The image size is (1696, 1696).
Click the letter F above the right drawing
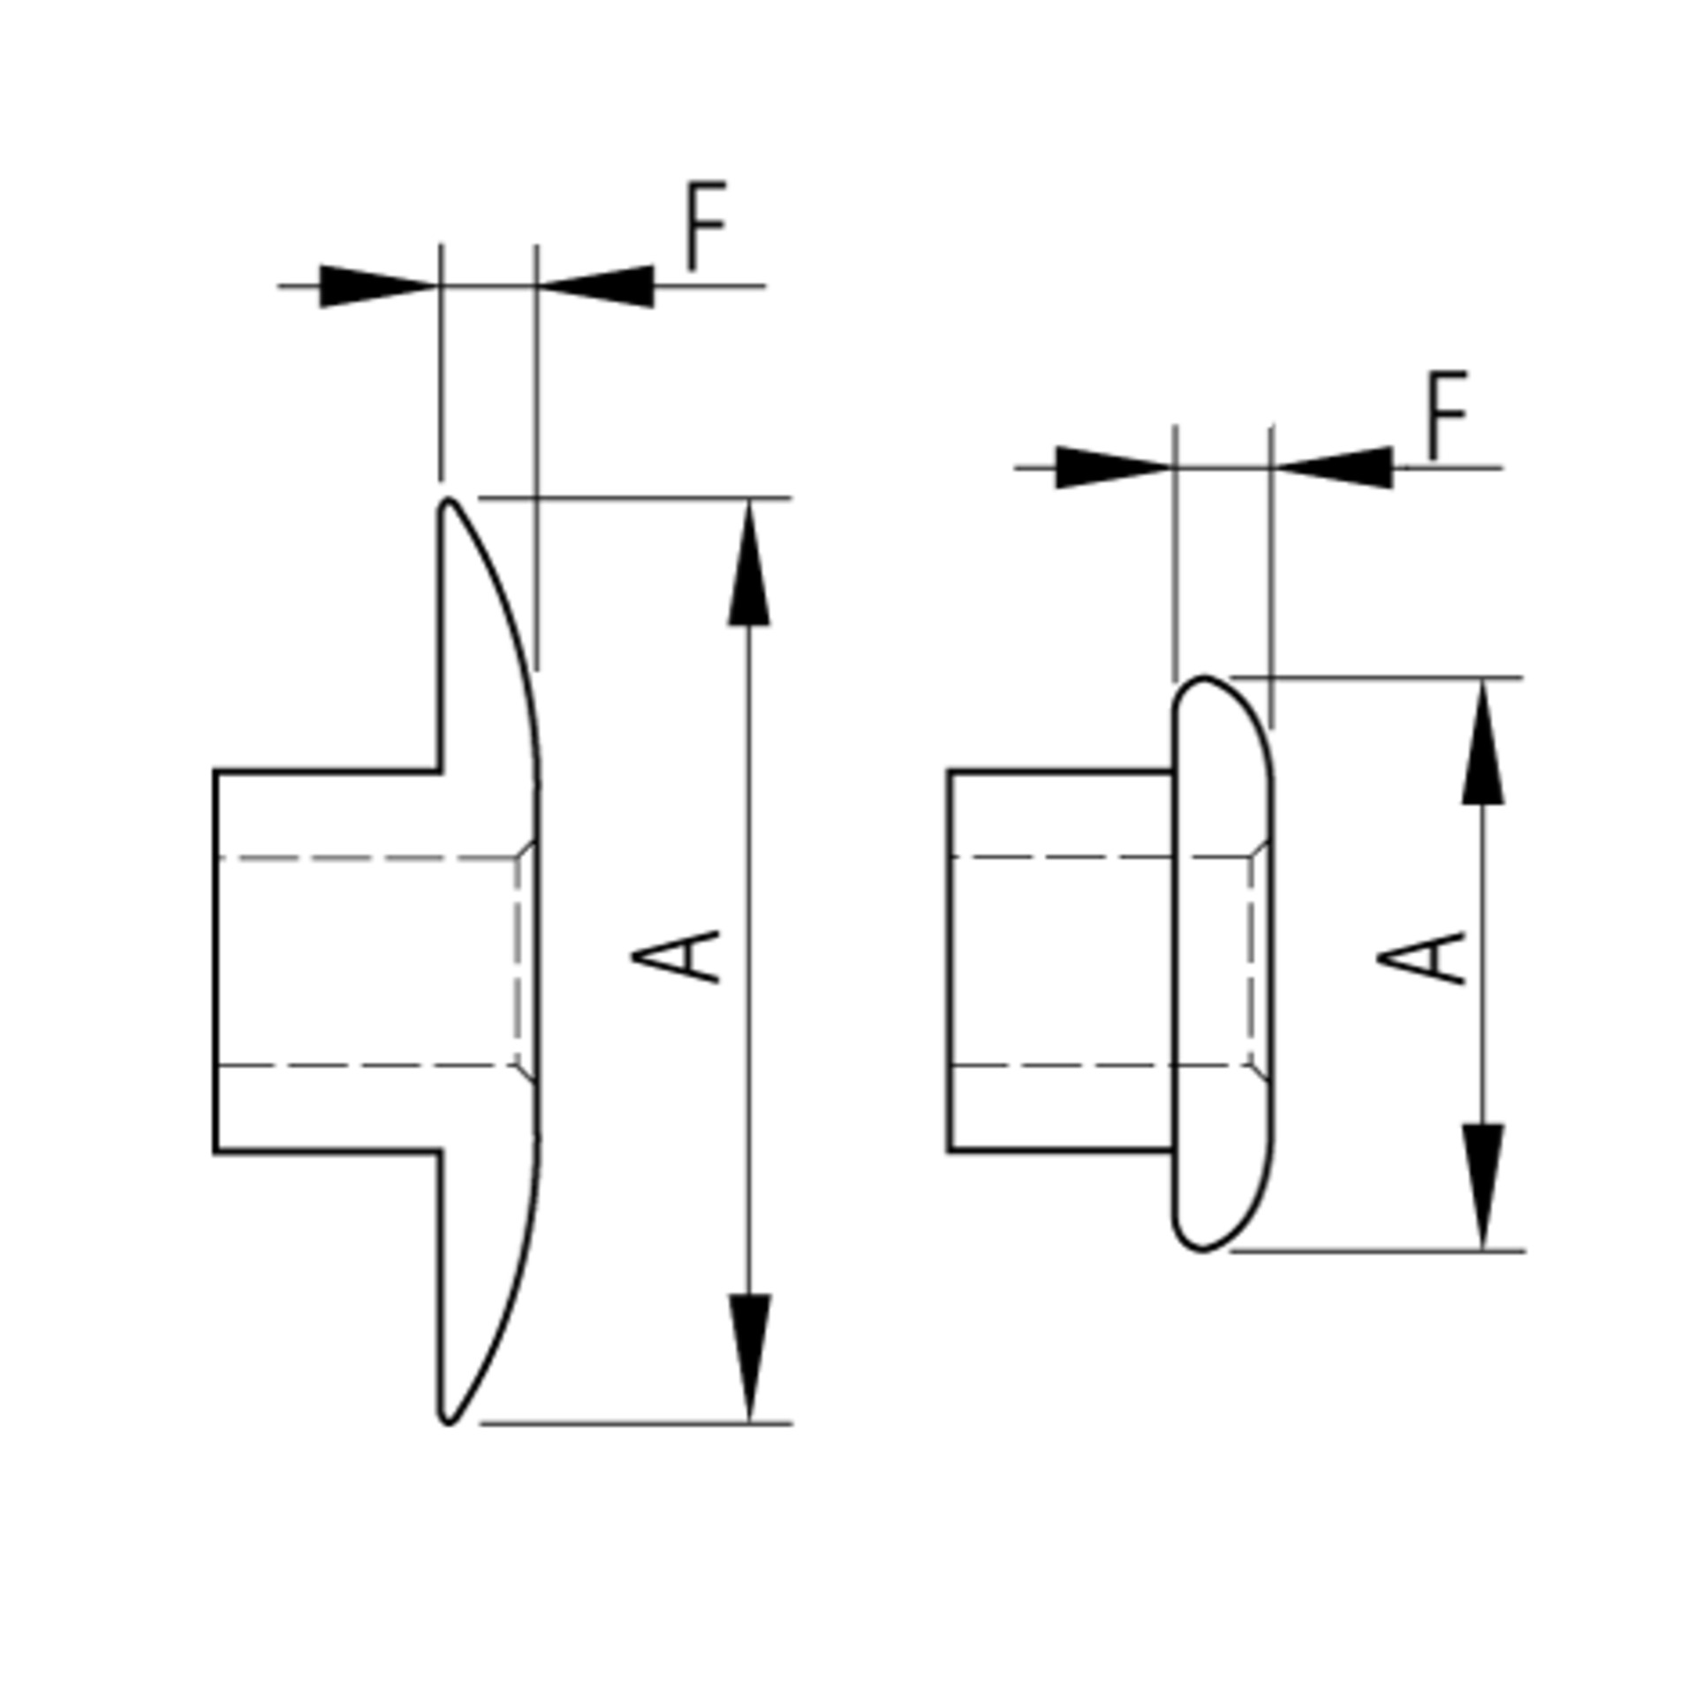(1447, 415)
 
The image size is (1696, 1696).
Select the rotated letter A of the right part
(1421, 958)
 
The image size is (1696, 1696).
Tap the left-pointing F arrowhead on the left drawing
(595, 286)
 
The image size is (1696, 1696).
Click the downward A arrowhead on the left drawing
(750, 1359)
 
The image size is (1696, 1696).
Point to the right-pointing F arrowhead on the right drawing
(1116, 467)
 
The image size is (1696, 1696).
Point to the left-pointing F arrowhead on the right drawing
(1332, 467)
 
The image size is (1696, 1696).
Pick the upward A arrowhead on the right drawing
(1483, 742)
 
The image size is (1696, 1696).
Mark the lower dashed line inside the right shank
(1101, 1065)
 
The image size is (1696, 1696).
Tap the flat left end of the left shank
(216, 961)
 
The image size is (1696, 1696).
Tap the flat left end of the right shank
(950, 961)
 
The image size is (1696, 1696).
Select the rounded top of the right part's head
(1205, 678)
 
